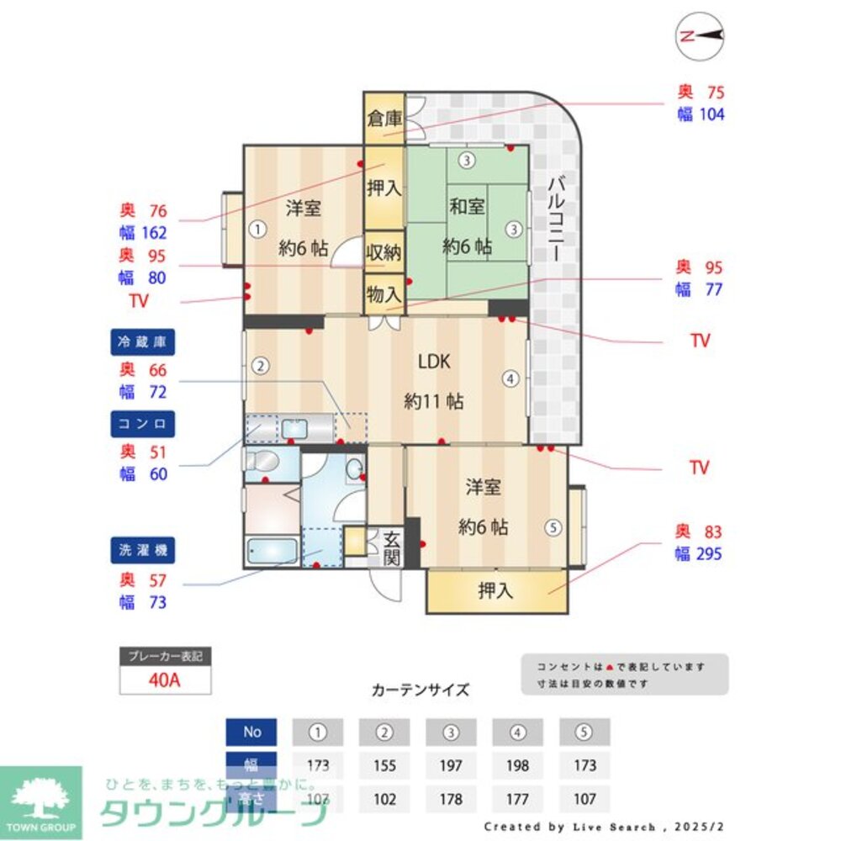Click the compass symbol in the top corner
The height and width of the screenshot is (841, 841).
701,35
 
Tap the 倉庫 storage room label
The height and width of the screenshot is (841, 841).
383,118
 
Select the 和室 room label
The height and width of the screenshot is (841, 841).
467,207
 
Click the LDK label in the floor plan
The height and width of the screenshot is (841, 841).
435,362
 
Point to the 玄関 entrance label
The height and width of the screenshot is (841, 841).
392,547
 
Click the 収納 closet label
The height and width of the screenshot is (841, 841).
383,252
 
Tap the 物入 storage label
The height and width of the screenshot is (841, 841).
383,295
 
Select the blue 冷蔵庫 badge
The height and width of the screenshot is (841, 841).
142,342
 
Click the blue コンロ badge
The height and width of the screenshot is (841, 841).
142,425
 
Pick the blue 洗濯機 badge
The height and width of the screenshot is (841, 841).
142,551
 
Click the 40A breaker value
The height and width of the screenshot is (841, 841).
165,680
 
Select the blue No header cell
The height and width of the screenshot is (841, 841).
252,732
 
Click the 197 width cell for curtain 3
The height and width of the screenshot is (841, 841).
452,765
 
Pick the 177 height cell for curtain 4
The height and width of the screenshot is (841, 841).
517,798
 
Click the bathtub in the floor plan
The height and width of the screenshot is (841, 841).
272,552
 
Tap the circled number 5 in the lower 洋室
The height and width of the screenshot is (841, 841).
552,528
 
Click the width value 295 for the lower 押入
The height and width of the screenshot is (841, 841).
710,554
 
